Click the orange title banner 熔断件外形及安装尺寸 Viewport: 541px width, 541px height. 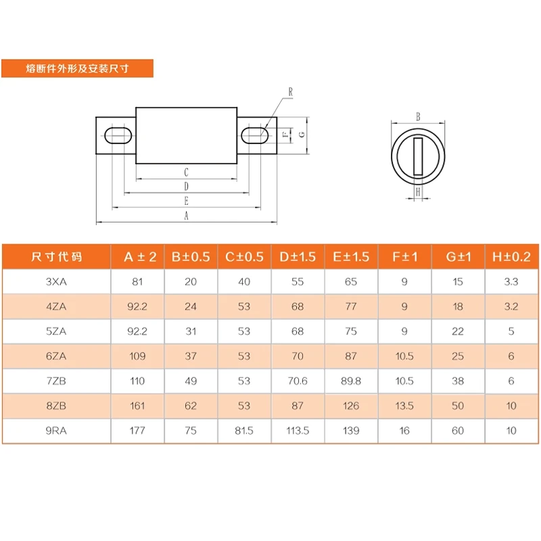click(77, 68)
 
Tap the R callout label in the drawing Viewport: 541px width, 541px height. click(289, 91)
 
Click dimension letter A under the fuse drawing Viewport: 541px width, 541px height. click(186, 216)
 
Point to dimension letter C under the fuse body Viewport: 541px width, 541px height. click(186, 173)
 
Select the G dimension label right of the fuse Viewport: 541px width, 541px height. click(302, 134)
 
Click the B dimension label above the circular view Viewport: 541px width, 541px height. click(418, 117)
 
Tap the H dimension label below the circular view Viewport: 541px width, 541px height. click(418, 192)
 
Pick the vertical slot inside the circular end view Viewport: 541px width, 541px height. click(418, 156)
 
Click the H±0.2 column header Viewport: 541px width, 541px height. click(511, 257)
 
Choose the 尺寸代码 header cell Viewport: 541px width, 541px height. click(57, 257)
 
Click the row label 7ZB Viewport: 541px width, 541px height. click(57, 381)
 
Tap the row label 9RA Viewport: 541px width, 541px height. click(57, 431)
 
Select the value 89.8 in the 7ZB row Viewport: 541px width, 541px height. click(351, 381)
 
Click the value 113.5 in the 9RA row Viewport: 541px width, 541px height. click(298, 431)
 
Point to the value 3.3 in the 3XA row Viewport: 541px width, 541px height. click(511, 282)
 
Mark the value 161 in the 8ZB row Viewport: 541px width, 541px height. click(137, 406)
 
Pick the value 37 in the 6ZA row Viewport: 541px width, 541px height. click(191, 356)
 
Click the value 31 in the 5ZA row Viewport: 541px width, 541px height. click(191, 331)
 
